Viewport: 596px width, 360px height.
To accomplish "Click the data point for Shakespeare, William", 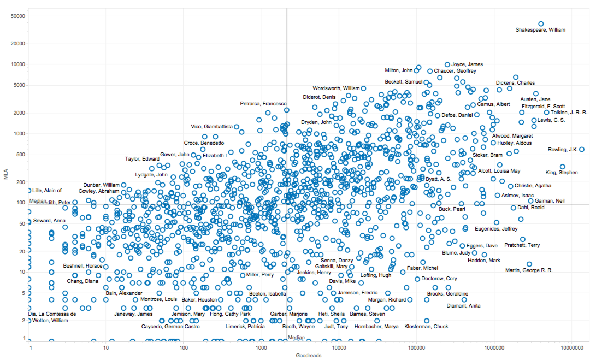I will [x=541, y=23].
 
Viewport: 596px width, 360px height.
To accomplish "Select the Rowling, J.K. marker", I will [x=582, y=149].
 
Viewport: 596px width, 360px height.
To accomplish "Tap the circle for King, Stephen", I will [x=563, y=167].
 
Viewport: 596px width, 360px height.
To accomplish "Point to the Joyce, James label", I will [x=467, y=64].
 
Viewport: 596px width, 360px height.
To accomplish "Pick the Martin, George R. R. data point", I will [x=529, y=264].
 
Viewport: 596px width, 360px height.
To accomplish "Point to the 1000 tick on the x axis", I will [x=261, y=347].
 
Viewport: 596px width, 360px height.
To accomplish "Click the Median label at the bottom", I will [x=296, y=338].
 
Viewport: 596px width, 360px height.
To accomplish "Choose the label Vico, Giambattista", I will [x=212, y=127].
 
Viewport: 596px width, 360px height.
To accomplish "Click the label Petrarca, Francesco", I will [x=263, y=104].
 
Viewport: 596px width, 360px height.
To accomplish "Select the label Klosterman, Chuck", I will [x=426, y=327].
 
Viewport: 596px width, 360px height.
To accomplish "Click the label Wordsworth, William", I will [x=336, y=88].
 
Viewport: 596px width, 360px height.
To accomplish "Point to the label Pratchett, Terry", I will [x=522, y=245].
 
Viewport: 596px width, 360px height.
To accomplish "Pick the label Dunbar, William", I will [x=101, y=185].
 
